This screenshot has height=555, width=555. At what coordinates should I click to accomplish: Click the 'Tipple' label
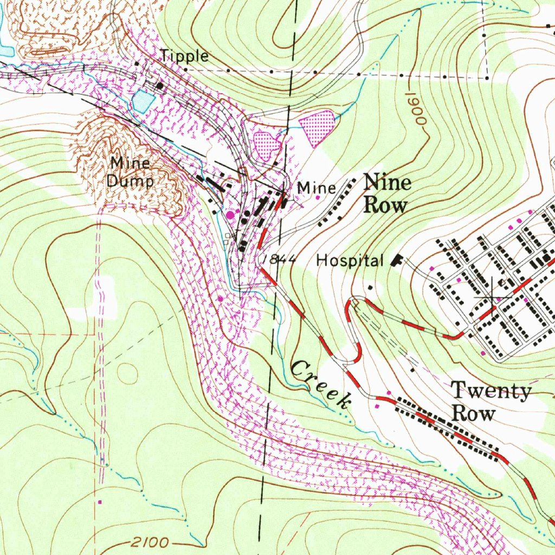[184, 56]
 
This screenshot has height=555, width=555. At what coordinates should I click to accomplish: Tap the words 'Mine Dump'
[130, 172]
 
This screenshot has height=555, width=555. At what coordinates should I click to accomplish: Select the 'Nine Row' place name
[386, 193]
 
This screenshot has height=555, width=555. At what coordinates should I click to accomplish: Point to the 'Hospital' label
[350, 261]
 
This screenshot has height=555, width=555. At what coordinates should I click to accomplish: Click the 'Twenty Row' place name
[491, 402]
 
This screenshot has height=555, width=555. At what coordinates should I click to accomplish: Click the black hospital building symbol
[397, 261]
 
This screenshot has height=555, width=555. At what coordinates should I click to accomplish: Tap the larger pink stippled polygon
[317, 126]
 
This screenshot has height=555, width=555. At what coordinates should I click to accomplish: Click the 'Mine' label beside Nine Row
[317, 188]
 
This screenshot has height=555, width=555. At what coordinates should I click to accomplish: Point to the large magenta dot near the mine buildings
[231, 215]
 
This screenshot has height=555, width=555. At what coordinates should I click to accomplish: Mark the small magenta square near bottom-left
[99, 502]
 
